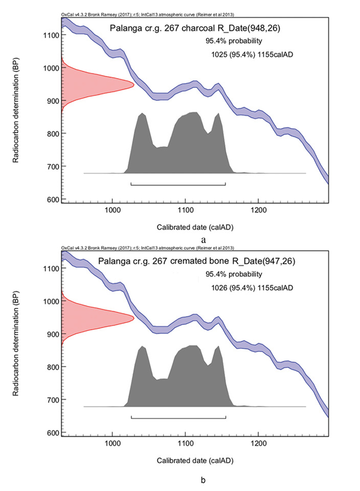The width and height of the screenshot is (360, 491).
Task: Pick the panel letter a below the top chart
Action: point(203,240)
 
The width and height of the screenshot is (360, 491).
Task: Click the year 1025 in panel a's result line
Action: point(219,54)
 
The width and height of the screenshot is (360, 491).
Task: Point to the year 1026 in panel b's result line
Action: point(219,287)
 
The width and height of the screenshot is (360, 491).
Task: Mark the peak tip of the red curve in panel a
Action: point(134,84)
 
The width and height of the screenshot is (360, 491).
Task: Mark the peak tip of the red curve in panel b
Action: point(134,317)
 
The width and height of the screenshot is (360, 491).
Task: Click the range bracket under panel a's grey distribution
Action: point(178,185)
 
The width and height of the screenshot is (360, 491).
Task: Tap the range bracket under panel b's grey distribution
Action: point(178,418)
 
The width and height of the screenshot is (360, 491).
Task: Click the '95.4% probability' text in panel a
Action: point(234,41)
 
